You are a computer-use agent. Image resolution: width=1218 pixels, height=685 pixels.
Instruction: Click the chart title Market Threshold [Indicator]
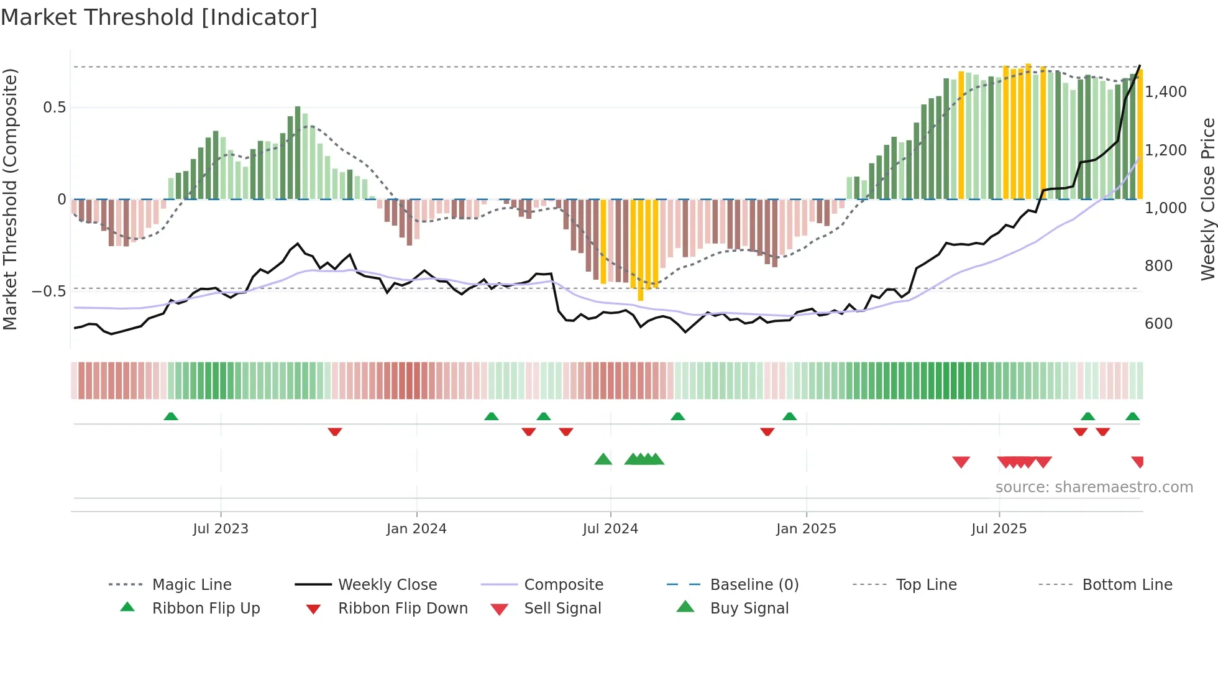pos(159,17)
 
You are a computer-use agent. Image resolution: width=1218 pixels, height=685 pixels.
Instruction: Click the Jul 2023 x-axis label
pos(221,528)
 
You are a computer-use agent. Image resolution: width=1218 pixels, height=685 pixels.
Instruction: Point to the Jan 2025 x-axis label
pos(806,528)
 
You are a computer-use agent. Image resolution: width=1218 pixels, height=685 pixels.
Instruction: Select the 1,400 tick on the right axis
pos(1166,92)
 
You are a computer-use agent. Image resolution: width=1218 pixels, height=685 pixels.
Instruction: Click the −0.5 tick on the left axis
pos(49,291)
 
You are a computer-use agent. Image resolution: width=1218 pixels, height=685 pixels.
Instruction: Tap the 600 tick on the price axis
pos(1158,323)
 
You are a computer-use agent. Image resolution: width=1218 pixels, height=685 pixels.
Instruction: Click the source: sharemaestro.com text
pos(1094,487)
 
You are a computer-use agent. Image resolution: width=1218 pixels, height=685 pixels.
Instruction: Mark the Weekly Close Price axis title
pos(1207,199)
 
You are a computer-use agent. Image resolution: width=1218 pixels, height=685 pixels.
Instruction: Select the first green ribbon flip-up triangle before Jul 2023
pos(171,416)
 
